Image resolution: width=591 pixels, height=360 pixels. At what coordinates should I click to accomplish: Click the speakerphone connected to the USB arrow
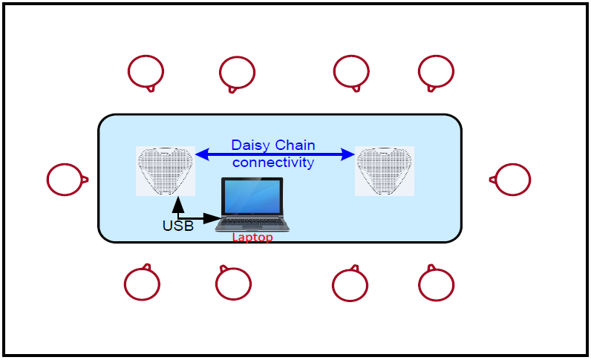[x=166, y=170]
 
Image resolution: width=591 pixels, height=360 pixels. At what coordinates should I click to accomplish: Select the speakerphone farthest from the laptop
[x=384, y=170]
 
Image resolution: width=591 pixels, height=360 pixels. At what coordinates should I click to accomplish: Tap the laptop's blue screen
[x=253, y=197]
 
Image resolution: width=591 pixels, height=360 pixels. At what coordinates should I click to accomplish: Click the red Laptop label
[x=252, y=238]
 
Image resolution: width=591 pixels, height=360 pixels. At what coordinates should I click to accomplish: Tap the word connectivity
[x=273, y=162]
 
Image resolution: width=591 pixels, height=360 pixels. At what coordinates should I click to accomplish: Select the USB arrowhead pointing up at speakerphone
[x=177, y=204]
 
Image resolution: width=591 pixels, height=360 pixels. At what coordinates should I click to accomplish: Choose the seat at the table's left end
[x=65, y=179]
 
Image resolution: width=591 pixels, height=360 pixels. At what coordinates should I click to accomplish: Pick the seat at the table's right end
[x=512, y=179]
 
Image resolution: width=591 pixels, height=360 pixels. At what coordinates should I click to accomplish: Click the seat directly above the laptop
[x=238, y=72]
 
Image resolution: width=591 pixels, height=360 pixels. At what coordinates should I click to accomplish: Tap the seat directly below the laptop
[x=233, y=284]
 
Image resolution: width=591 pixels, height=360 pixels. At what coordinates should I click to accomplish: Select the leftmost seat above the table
[x=146, y=71]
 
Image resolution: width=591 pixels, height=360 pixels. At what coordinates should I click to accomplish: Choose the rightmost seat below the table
[x=436, y=284]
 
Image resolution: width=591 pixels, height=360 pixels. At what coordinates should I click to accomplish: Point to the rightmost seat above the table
[x=436, y=71]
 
